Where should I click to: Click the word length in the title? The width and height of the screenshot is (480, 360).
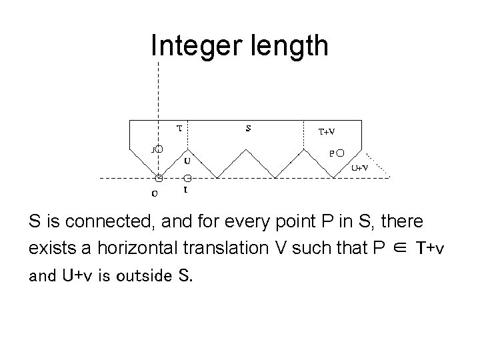pos(290,46)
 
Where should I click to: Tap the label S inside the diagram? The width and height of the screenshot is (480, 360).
pos(249,129)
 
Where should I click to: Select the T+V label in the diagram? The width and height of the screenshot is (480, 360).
pos(327,131)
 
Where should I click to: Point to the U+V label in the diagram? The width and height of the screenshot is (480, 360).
pos(361,168)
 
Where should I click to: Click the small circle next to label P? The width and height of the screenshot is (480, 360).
pos(341,153)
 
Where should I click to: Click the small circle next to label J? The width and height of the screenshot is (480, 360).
pos(159,149)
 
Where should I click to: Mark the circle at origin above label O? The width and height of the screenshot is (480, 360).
pos(159,178)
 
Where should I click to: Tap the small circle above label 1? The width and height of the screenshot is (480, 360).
pos(188,178)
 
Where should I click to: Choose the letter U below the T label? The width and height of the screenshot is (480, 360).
pos(187,161)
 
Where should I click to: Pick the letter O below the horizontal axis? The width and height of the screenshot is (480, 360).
pos(155,194)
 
